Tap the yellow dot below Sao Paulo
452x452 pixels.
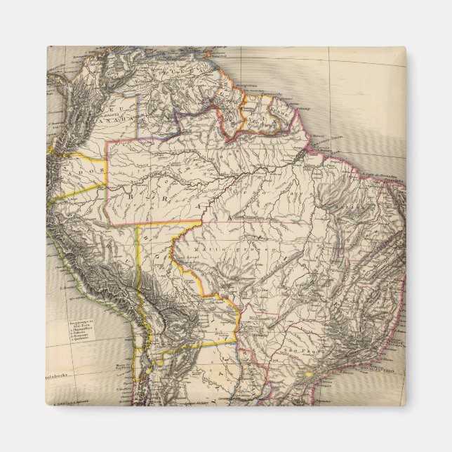(x=307, y=375)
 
